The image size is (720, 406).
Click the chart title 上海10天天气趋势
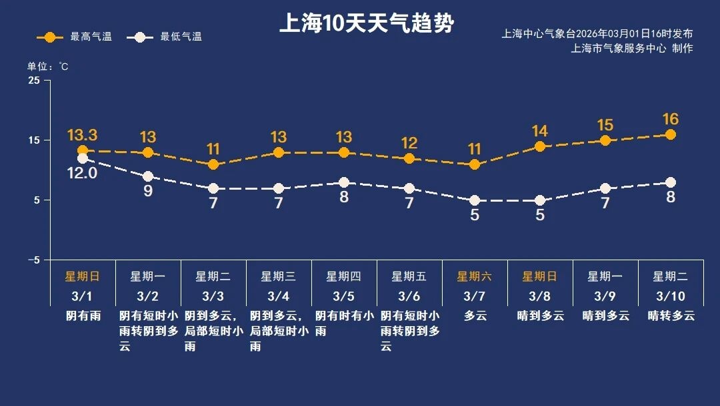pyautogui.click(x=366, y=24)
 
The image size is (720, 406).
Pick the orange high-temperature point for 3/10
pyautogui.click(x=671, y=135)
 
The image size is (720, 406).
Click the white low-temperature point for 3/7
pyautogui.click(x=475, y=200)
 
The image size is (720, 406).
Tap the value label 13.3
pyautogui.click(x=82, y=136)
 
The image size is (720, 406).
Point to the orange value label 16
pyautogui.click(x=671, y=120)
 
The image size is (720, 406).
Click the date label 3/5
pyautogui.click(x=344, y=296)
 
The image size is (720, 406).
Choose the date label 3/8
pyautogui.click(x=540, y=296)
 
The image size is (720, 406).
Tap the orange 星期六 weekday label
pyautogui.click(x=475, y=276)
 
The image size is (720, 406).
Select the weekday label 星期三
pyautogui.click(x=279, y=276)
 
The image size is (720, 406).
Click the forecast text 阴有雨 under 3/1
pyautogui.click(x=83, y=315)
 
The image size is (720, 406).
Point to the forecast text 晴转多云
pyautogui.click(x=671, y=315)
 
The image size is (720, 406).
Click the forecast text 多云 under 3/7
pyautogui.click(x=475, y=315)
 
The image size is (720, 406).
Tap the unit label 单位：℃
pyautogui.click(x=47, y=67)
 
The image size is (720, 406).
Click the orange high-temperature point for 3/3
pyautogui.click(x=213, y=164)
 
